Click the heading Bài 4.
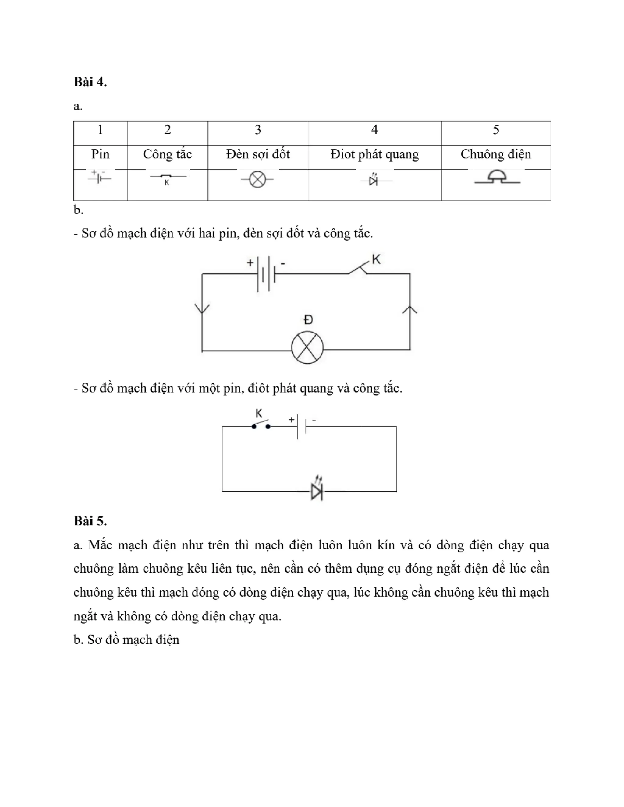coord(90,82)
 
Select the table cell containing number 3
coord(258,130)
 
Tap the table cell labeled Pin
coord(100,154)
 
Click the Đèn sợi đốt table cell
coord(258,154)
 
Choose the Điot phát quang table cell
coord(374,154)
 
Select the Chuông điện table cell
coord(496,154)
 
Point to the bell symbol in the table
coord(497,178)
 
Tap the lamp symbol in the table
coord(258,180)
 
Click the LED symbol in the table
coord(373,180)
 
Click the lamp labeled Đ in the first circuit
coord(307,348)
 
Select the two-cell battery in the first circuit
coord(266,274)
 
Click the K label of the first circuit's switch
coord(376,260)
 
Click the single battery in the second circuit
coord(302,427)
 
